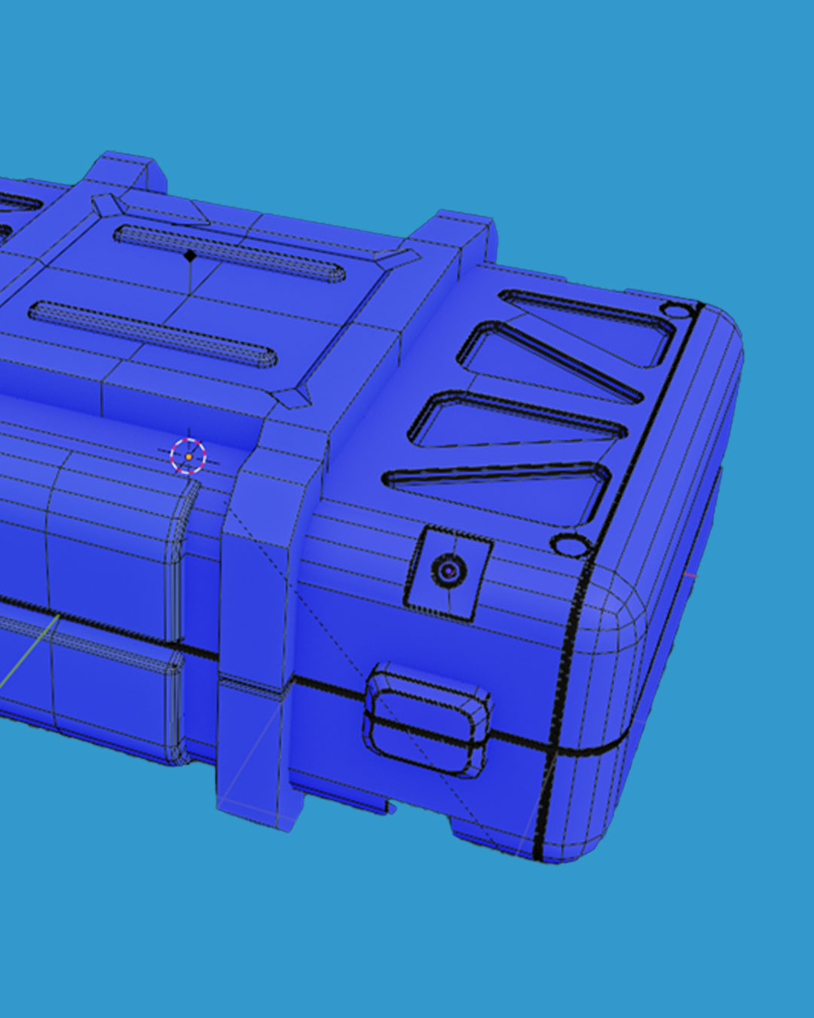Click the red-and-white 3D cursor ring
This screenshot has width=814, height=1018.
pos(188,456)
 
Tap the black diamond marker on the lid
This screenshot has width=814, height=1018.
pos(190,256)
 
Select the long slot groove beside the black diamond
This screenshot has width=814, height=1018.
pos(230,253)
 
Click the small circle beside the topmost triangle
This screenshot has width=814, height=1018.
pos(676,311)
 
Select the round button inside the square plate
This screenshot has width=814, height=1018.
pos(448,571)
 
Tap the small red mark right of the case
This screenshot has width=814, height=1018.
pos(689,577)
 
